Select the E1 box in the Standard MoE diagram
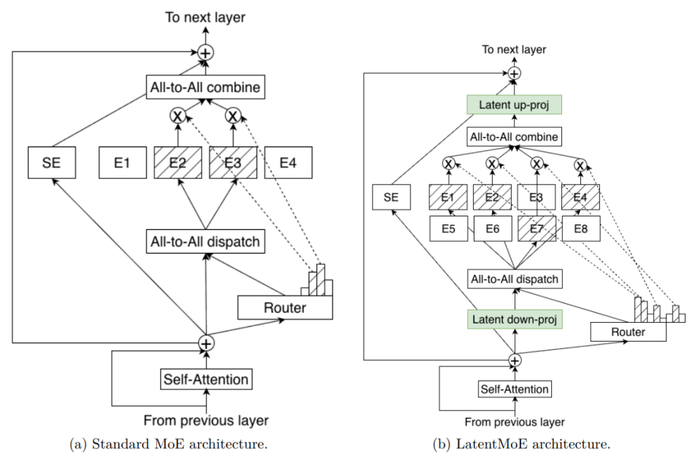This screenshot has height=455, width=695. pos(121,163)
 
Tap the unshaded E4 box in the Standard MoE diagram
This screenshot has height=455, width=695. pos(288,163)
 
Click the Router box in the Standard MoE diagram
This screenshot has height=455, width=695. pos(284,308)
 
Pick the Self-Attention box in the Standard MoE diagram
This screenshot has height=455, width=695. pos(206,379)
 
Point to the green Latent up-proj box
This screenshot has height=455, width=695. pos(514,105)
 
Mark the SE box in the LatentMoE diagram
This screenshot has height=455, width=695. pos(392,198)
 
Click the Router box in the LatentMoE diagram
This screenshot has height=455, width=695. pos(628,332)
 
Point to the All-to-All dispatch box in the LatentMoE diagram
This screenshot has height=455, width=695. pos(514,279)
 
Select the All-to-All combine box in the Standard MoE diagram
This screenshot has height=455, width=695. pos(204,87)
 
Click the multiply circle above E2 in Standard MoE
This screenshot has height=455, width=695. pos(179,115)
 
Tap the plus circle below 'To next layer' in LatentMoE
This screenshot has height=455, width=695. pos(514,73)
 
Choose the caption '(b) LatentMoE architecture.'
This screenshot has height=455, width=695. pos(522,445)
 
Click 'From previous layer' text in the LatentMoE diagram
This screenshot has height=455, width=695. pos(514,422)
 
